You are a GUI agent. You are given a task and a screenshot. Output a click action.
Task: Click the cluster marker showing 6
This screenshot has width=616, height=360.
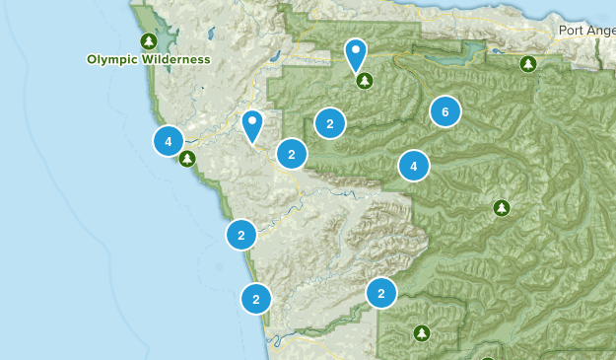click(445, 112)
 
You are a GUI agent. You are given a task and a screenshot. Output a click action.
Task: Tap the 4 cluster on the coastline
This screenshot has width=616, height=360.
click(169, 141)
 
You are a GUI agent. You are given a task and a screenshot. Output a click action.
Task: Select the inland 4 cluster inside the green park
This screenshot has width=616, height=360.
click(414, 166)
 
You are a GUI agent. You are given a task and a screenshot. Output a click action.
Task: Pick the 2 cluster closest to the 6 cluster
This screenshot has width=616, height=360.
click(329, 123)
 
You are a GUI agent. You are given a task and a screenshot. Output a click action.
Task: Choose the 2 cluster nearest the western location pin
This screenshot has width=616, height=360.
click(291, 154)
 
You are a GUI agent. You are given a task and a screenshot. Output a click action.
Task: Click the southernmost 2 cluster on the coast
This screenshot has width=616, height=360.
click(255, 298)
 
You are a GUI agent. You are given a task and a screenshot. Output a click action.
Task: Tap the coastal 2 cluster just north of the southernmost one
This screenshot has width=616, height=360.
click(240, 235)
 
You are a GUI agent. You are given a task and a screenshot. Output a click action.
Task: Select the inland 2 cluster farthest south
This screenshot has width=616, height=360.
click(380, 293)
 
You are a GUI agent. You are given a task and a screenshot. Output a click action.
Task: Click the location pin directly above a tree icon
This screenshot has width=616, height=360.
click(355, 53)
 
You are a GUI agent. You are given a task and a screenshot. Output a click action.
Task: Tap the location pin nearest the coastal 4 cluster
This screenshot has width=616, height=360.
click(252, 125)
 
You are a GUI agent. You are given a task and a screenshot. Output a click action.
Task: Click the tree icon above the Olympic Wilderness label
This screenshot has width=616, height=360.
click(148, 40)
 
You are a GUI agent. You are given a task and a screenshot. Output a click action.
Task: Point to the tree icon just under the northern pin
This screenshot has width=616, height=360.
click(365, 80)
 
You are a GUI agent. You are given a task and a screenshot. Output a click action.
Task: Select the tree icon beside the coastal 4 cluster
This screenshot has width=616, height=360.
click(186, 158)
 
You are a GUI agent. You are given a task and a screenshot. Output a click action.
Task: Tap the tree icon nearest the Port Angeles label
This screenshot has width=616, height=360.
click(528, 64)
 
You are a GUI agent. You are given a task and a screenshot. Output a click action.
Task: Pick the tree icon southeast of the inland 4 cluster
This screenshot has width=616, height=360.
click(502, 207)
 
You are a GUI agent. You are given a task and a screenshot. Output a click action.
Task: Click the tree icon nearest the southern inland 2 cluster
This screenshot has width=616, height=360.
click(422, 332)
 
